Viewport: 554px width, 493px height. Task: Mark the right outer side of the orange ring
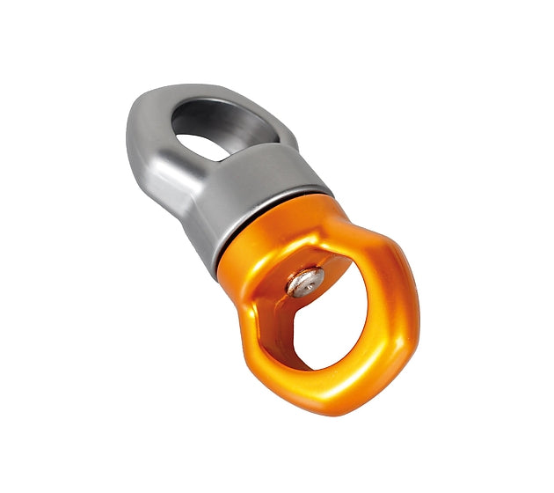tap(406, 304)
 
